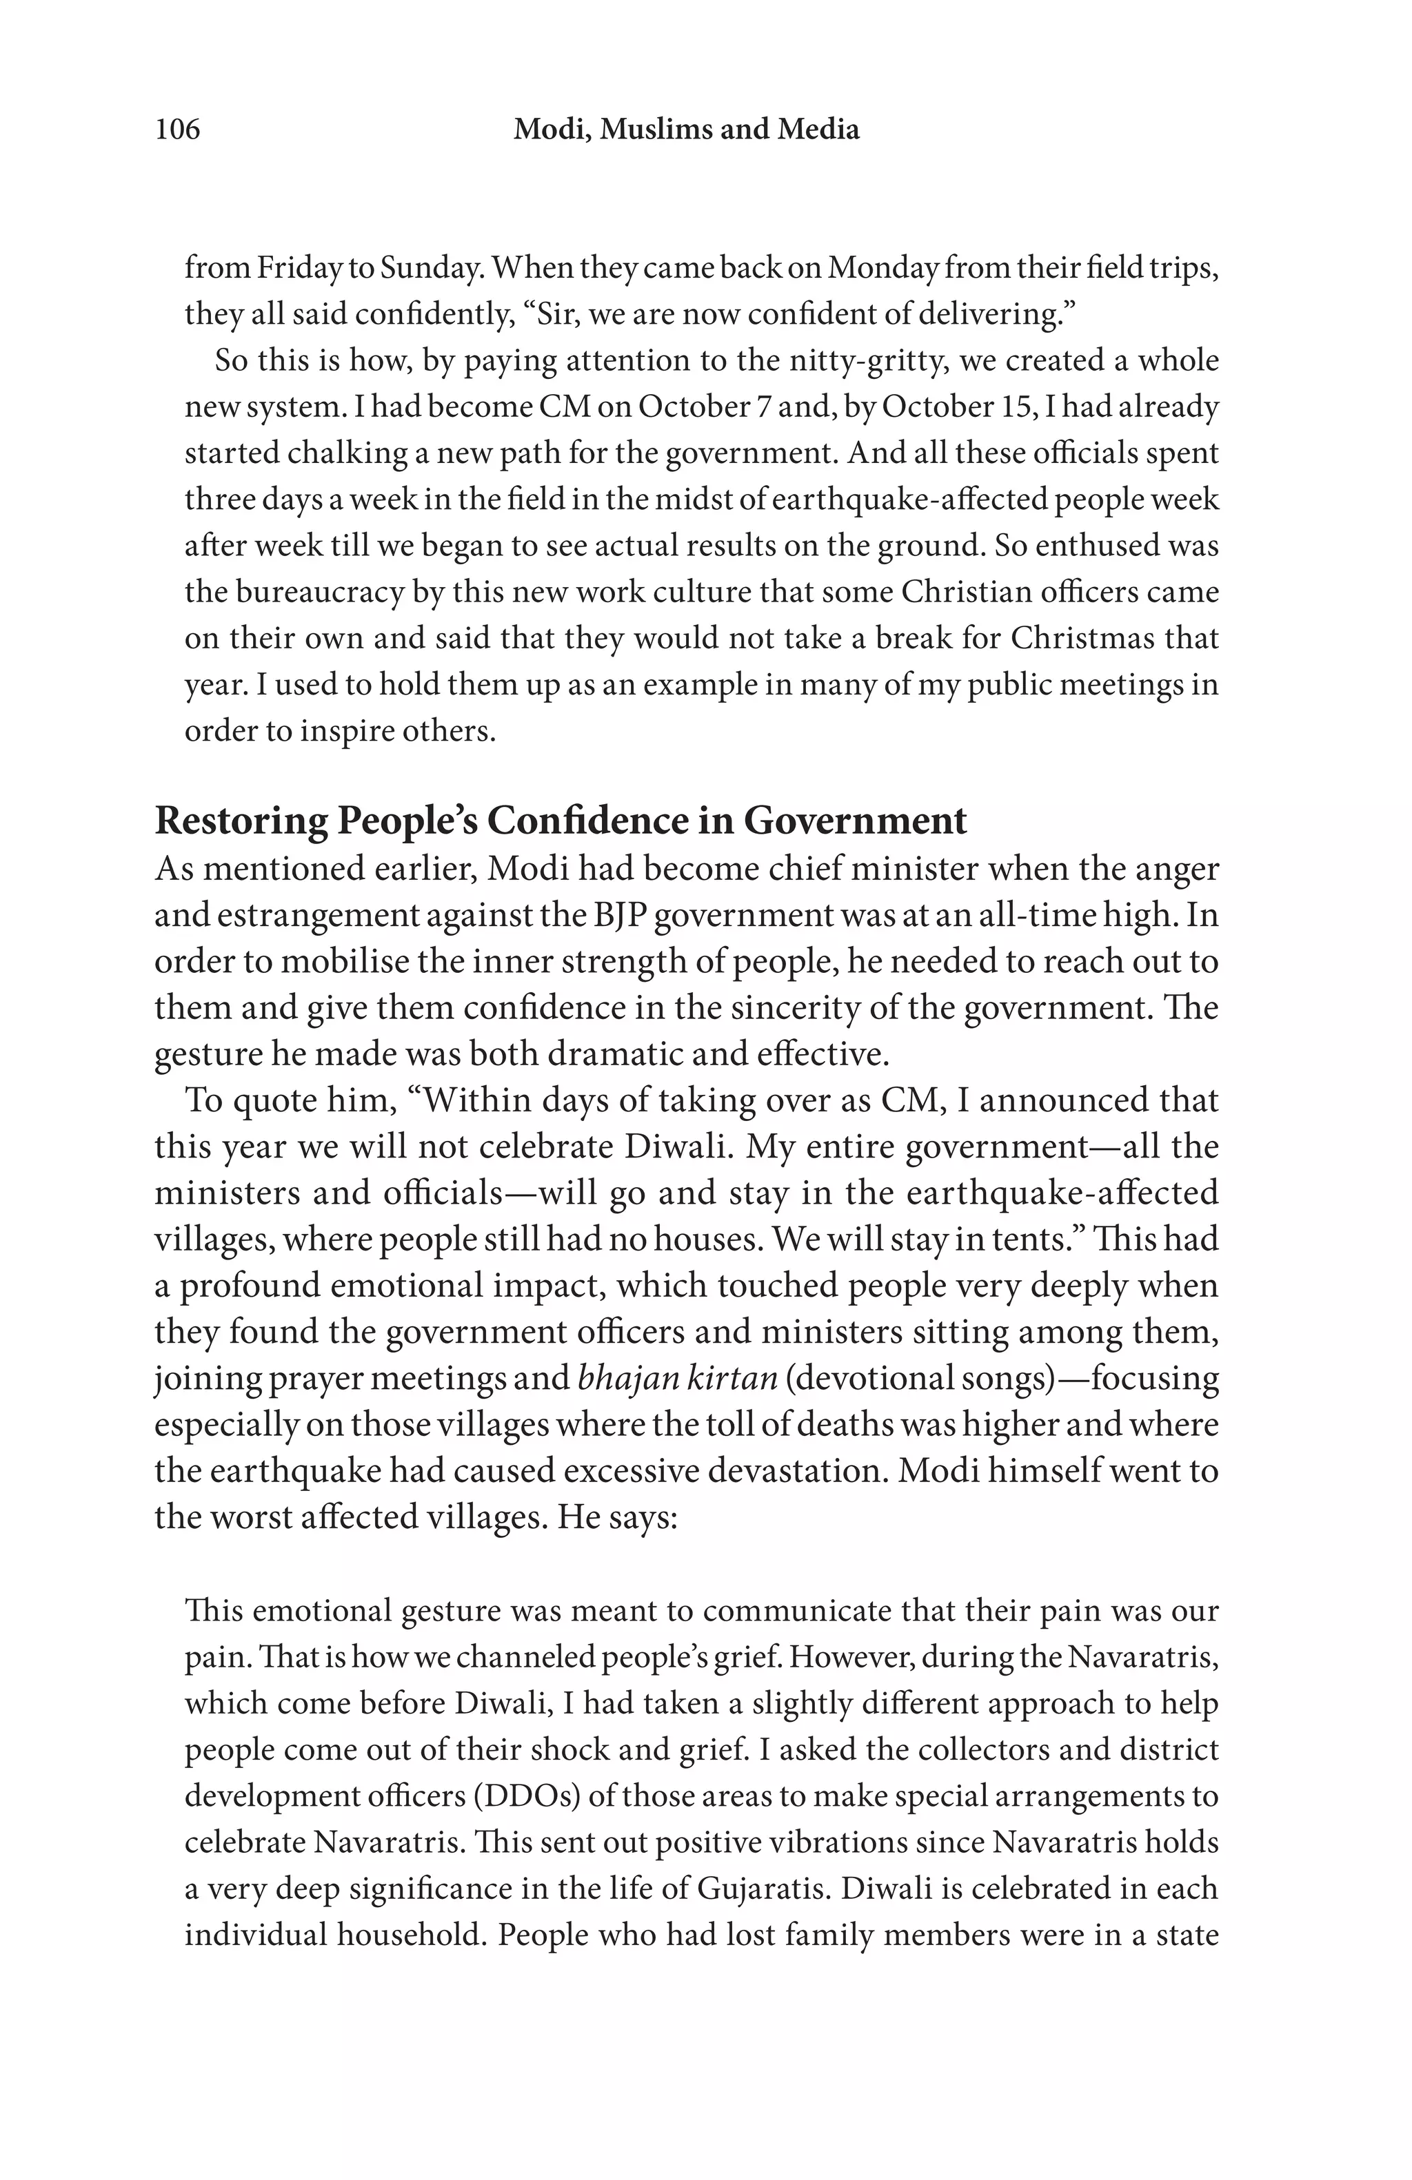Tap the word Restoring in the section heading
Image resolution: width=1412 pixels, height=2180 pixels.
[240, 821]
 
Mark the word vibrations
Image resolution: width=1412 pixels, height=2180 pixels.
[822, 1842]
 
